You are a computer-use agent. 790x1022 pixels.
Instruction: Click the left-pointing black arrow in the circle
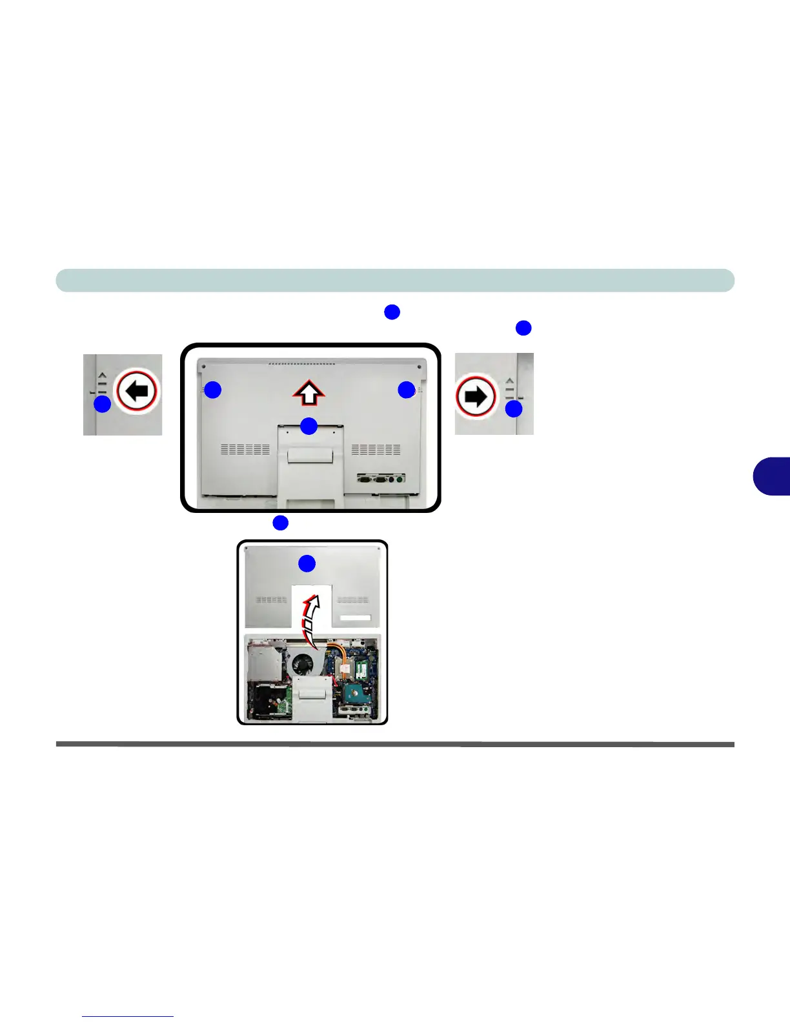click(136, 391)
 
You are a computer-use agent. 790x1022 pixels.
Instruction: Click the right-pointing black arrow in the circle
click(476, 396)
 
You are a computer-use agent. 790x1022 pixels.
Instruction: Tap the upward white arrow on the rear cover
click(309, 392)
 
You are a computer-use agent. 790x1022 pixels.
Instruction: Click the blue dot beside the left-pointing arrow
click(102, 405)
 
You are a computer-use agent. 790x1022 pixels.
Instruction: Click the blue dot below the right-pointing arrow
click(513, 409)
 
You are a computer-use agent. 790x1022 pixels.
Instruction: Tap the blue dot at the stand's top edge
click(309, 426)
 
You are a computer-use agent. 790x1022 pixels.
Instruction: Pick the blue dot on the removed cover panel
click(307, 563)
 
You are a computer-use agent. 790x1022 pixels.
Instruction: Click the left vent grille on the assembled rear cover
click(245, 449)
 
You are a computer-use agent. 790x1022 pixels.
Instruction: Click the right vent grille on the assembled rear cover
click(376, 449)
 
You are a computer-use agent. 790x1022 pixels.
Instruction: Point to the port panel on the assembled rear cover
click(380, 479)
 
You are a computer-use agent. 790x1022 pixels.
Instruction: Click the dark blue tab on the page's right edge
click(772, 476)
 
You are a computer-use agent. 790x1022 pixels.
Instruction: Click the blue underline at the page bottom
click(128, 1016)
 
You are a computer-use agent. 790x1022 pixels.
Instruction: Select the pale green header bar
click(395, 281)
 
